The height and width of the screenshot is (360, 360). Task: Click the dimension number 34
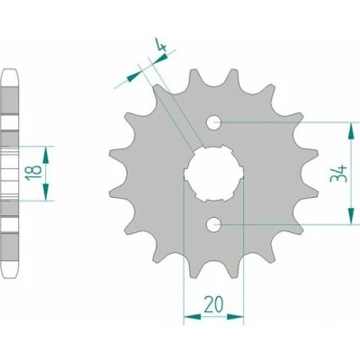338,174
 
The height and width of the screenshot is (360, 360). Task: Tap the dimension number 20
213,304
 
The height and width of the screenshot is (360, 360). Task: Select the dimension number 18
33,173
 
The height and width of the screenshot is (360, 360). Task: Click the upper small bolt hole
213,122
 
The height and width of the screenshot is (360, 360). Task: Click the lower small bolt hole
213,224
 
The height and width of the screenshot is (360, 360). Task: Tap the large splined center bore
213,174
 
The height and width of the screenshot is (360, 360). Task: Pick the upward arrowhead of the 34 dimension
350,130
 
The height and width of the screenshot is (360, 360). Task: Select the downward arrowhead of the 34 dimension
350,216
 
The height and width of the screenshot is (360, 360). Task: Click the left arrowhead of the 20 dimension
193,317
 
